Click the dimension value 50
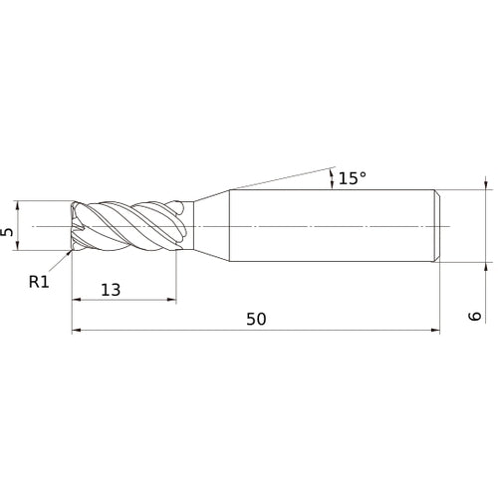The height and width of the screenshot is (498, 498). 256,319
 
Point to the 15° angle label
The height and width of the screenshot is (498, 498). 353,178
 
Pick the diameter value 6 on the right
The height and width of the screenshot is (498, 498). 477,316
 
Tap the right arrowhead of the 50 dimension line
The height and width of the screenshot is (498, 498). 434,331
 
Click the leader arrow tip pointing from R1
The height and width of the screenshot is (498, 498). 70,253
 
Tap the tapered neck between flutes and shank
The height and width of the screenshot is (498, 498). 209,227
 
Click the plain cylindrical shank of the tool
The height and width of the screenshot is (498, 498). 329,227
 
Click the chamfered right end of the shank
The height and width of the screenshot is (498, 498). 435,227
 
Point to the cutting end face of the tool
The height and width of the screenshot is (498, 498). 74,227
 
